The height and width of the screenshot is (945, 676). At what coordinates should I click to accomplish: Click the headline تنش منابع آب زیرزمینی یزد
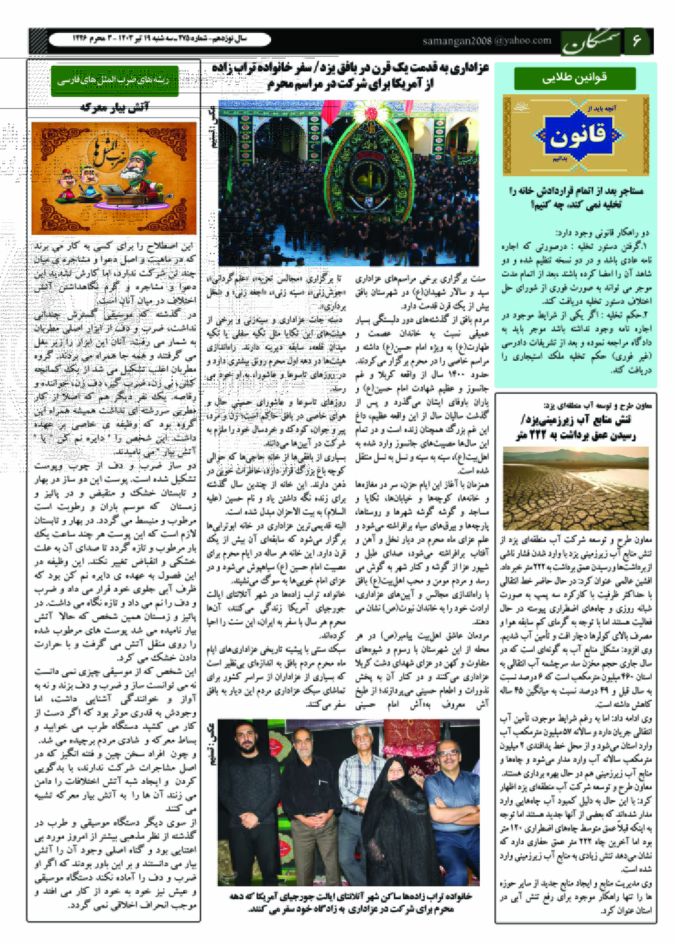click(x=575, y=428)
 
